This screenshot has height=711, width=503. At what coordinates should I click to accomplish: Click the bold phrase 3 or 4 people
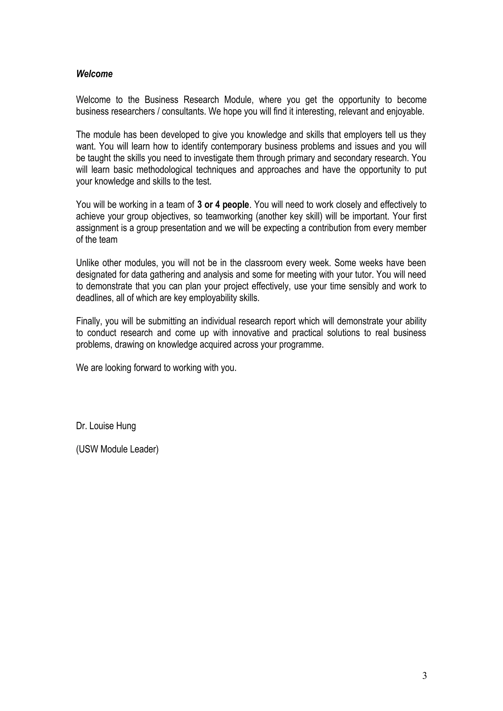tap(223, 205)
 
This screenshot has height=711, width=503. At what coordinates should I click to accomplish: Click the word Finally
tap(89, 321)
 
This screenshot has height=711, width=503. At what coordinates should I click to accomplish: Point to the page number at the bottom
tap(424, 675)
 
